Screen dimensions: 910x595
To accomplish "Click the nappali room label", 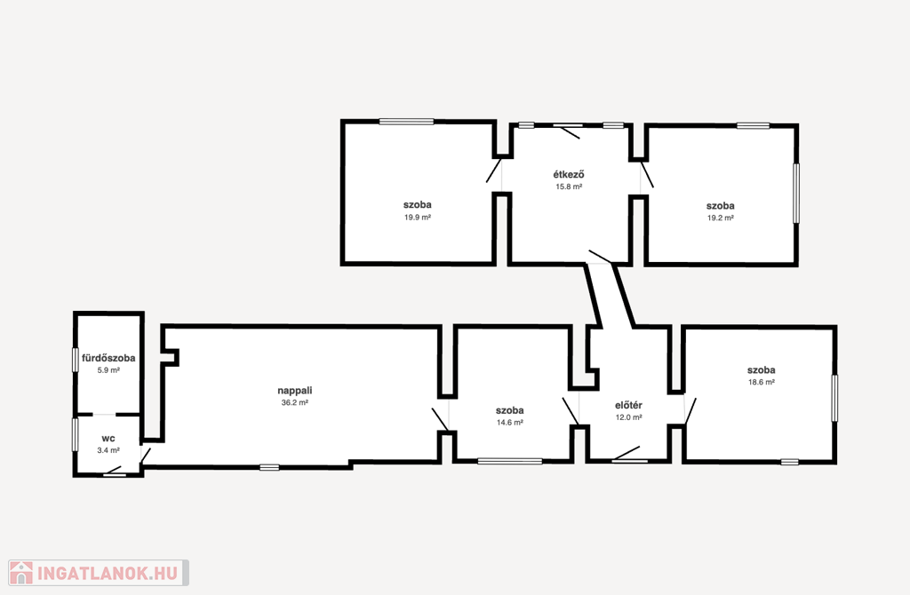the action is (x=295, y=391).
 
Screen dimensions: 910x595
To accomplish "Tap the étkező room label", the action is (x=569, y=174).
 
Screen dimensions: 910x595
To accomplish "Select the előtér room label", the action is (x=628, y=405).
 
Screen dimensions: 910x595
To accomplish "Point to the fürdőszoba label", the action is (x=108, y=358).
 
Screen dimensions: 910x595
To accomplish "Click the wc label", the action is (x=108, y=439).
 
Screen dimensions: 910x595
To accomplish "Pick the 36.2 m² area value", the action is (x=295, y=402).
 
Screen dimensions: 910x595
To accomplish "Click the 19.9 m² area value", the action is (x=418, y=218).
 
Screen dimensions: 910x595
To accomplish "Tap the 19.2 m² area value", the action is (x=720, y=218).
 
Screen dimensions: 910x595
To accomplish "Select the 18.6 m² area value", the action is (x=762, y=382).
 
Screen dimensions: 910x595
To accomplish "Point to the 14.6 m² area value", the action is (x=510, y=423).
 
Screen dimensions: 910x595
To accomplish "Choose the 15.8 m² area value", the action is (x=569, y=186).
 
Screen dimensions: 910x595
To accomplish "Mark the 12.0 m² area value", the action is (x=628, y=417).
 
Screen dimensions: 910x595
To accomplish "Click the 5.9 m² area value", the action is (x=108, y=370).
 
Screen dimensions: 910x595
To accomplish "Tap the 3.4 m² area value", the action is (x=108, y=450).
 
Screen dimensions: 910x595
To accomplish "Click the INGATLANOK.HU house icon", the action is (x=21, y=573).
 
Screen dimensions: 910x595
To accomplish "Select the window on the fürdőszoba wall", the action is (x=76, y=361).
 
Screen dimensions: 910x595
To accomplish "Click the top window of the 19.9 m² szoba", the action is (x=406, y=122).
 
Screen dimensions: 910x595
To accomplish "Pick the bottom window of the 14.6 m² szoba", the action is (x=510, y=462).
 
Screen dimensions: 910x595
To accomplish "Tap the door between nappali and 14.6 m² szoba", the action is (x=441, y=419).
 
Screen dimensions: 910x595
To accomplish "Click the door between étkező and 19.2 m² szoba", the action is (x=647, y=175).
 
